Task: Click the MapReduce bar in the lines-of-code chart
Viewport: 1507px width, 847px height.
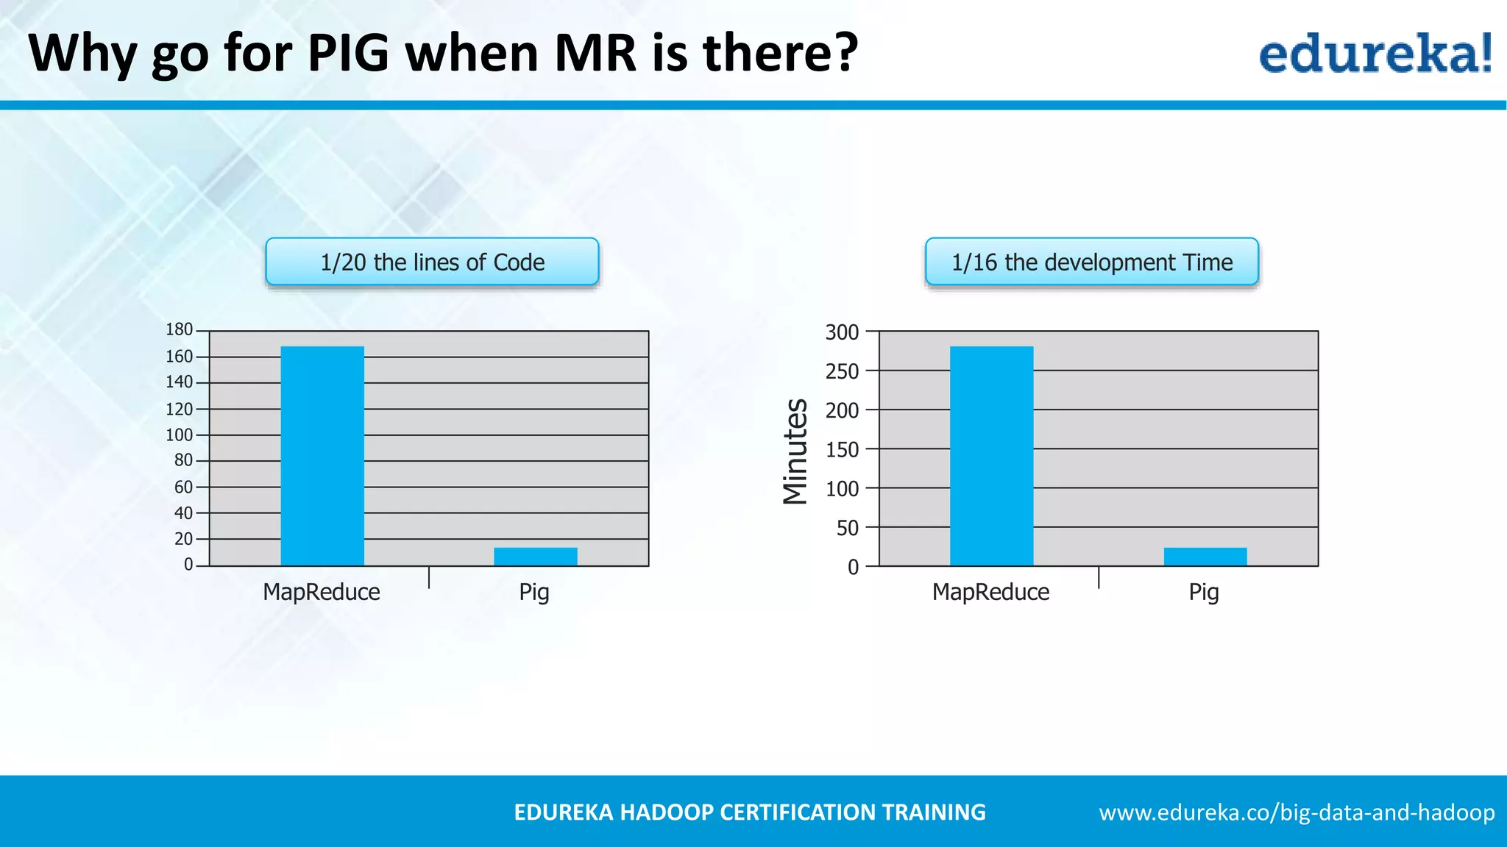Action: (322, 456)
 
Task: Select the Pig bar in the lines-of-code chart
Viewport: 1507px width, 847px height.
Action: (536, 557)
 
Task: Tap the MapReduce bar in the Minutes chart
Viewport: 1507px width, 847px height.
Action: (991, 456)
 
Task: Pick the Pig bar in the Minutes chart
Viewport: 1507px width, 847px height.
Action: (1205, 557)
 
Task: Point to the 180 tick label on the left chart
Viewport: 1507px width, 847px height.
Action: (179, 329)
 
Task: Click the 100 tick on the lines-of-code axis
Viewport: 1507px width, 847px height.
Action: (179, 435)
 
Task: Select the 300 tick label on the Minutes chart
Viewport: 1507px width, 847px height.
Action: (842, 332)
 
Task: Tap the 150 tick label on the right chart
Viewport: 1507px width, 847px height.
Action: (842, 450)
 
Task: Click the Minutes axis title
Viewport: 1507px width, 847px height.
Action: (795, 451)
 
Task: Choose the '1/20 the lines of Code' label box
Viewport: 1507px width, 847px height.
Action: (432, 262)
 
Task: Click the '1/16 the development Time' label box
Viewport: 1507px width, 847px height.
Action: (1092, 262)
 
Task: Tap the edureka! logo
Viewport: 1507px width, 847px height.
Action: (1375, 54)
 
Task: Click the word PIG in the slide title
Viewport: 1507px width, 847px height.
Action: (347, 53)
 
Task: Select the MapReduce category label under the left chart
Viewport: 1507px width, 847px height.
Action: (322, 592)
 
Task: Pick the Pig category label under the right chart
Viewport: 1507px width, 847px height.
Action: (1204, 592)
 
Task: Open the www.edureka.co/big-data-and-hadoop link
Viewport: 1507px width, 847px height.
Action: (1297, 812)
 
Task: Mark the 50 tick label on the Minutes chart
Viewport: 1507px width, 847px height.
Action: (848, 528)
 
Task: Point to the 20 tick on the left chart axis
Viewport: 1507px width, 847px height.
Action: (183, 539)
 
